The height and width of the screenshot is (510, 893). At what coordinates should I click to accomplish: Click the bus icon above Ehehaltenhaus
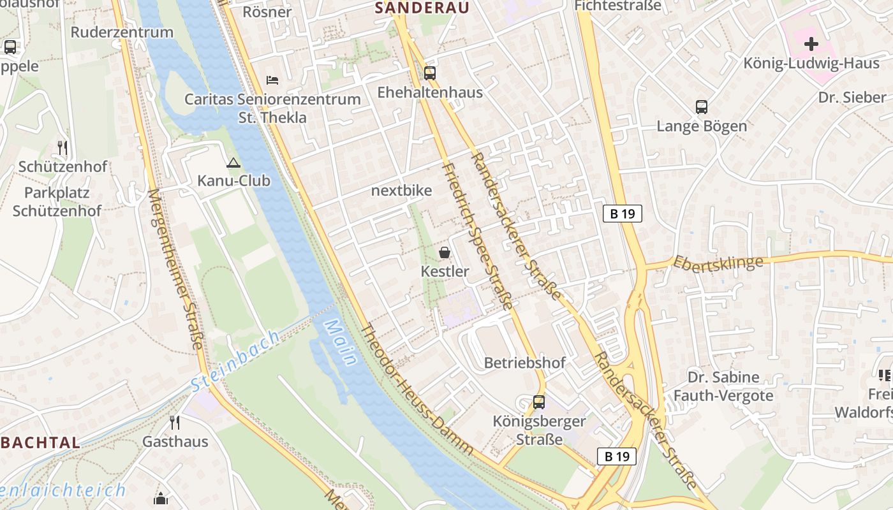coord(430,73)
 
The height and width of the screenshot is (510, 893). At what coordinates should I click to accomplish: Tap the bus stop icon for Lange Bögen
coord(702,107)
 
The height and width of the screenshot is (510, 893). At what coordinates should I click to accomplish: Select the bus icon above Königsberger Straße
coord(539,402)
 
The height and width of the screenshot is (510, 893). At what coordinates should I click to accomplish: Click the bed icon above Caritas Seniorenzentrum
coord(272,80)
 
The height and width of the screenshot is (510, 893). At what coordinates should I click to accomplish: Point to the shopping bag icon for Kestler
coord(445,252)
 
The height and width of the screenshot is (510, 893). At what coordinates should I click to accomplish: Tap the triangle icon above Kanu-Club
coord(233,163)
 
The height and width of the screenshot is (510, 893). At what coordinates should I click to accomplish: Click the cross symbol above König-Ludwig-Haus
coord(811,44)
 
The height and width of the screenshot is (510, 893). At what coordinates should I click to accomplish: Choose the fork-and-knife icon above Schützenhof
coord(63,148)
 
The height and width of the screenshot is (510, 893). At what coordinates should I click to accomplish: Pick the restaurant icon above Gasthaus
coord(175,422)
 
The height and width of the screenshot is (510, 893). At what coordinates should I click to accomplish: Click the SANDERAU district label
coord(422,8)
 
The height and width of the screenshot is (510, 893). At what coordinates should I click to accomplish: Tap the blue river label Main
coord(340,342)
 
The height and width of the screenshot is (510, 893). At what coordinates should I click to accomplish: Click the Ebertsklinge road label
coord(718,263)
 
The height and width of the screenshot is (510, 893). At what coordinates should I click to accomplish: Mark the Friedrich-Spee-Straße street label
coord(478,236)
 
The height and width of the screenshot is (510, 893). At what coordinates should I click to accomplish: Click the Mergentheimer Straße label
coord(175,268)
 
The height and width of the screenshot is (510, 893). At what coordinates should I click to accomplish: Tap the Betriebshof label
coord(524,363)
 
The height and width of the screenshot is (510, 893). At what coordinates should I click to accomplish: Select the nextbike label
coord(401,191)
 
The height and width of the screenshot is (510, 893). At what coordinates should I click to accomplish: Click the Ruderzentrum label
coord(122,32)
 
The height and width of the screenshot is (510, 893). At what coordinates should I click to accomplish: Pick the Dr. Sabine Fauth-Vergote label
coord(723,386)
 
